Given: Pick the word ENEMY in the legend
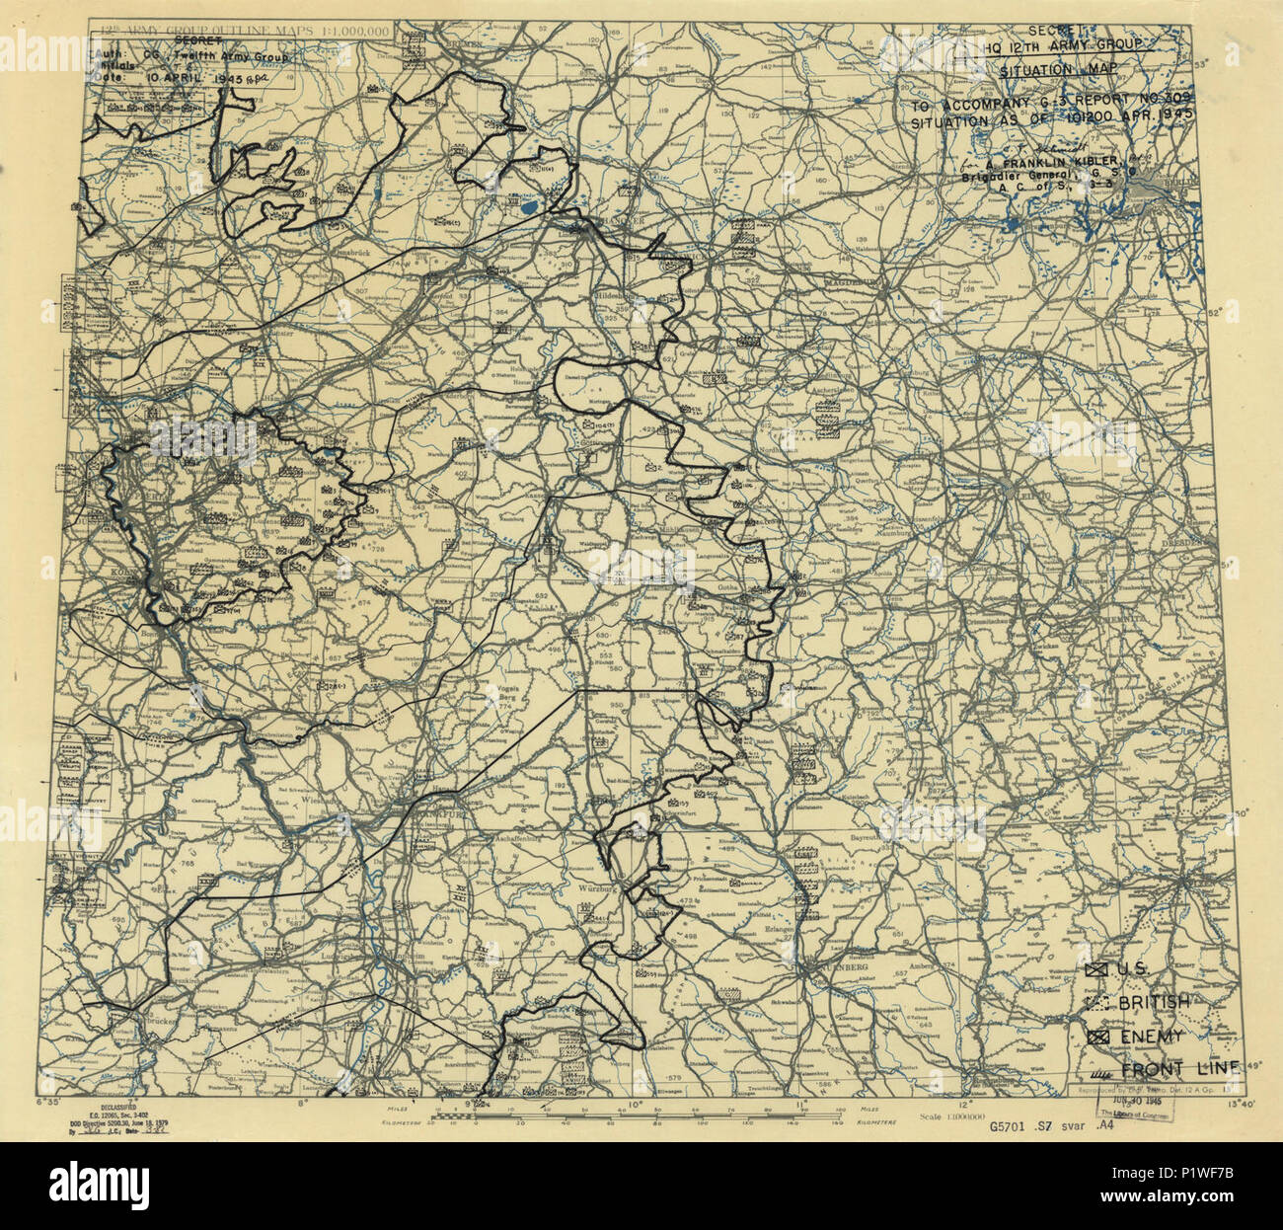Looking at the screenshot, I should (x=1150, y=1037).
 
